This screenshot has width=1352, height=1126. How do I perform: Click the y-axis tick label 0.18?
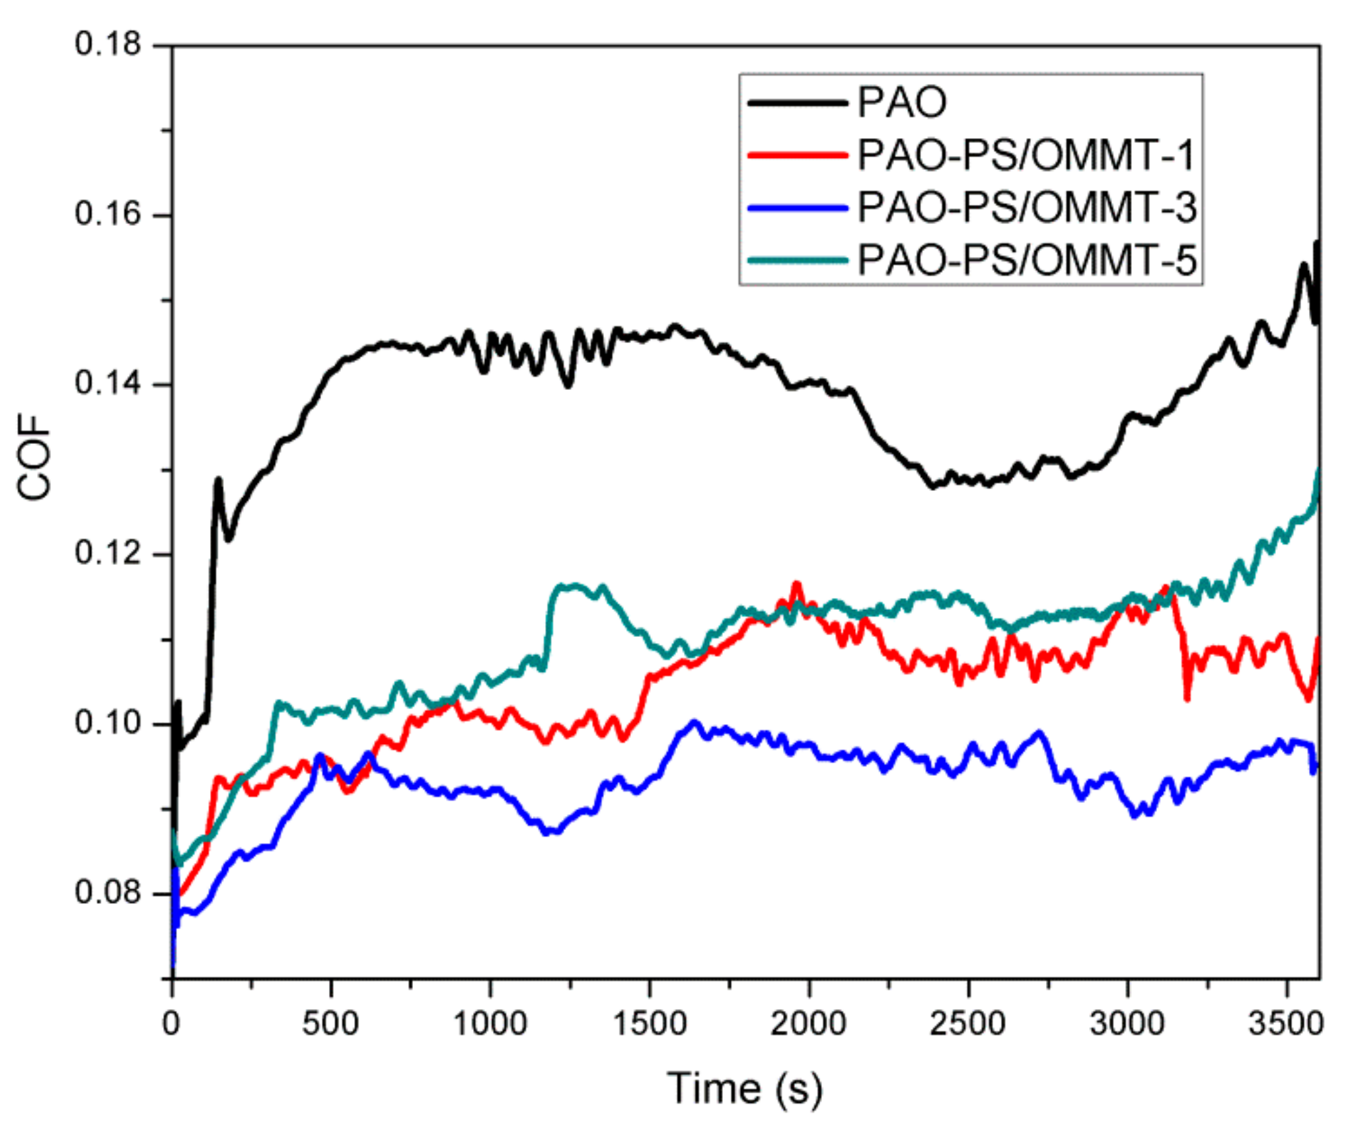pos(108,45)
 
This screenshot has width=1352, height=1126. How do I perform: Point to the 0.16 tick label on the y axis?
pos(108,214)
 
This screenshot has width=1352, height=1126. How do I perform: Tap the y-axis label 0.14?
pos(108,383)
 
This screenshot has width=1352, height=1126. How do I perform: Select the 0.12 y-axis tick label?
pos(108,553)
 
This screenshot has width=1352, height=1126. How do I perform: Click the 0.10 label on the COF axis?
pos(108,723)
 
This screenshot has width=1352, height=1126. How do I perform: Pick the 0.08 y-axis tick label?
pos(108,893)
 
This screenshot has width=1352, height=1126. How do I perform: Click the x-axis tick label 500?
pos(330,1024)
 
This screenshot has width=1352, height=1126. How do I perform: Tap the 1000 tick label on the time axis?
pos(490,1024)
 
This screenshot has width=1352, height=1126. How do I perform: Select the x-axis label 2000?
pos(808,1024)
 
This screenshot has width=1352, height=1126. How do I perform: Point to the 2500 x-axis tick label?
pos(967,1024)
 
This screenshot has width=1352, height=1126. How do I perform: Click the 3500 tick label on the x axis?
pos(1285,1024)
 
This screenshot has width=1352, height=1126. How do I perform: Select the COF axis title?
pos(34,457)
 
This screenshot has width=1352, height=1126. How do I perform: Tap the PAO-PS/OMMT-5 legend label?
pos(1026,260)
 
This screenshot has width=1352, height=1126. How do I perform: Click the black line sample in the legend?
pos(798,103)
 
